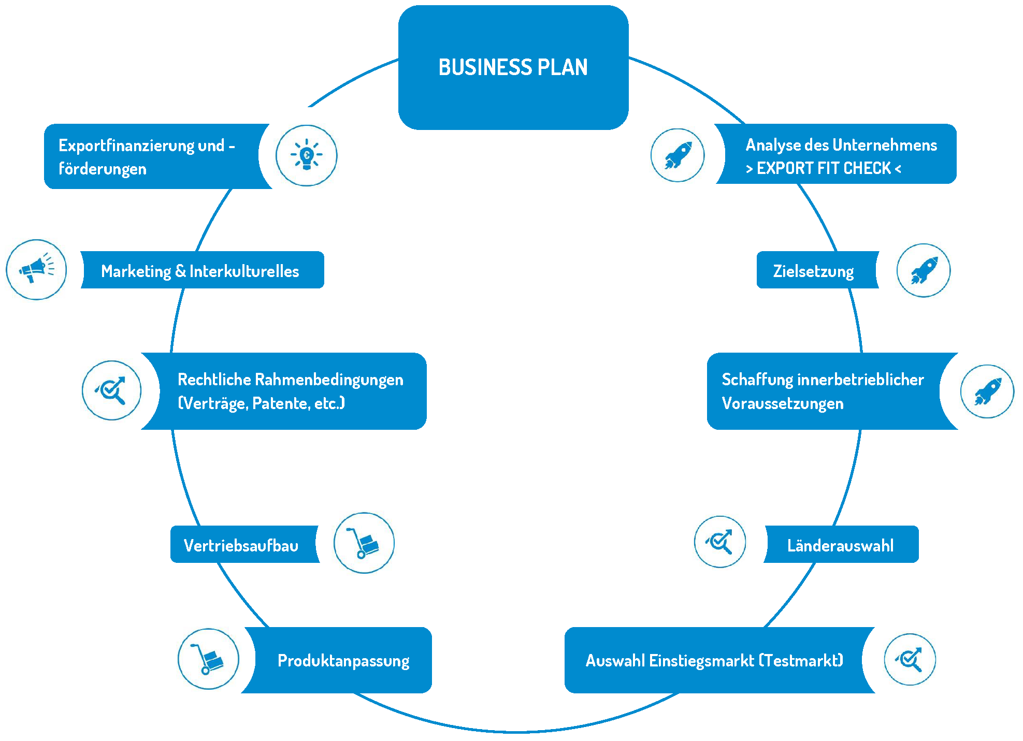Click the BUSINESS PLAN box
[513, 67]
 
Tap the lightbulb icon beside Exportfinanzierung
[306, 155]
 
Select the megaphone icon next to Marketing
[36, 269]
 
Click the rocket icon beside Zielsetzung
[924, 270]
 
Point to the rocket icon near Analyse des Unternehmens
[678, 155]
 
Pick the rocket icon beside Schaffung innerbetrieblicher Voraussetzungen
[987, 391]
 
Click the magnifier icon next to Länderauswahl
[720, 542]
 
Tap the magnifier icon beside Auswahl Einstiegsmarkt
[910, 659]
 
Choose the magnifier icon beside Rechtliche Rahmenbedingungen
[111, 390]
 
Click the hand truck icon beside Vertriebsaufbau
[364, 543]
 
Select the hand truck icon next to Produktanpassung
[208, 659]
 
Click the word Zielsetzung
[813, 271]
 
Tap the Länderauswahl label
[840, 545]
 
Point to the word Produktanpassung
[343, 661]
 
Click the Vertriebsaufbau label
[241, 545]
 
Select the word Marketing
[136, 271]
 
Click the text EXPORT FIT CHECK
[824, 168]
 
